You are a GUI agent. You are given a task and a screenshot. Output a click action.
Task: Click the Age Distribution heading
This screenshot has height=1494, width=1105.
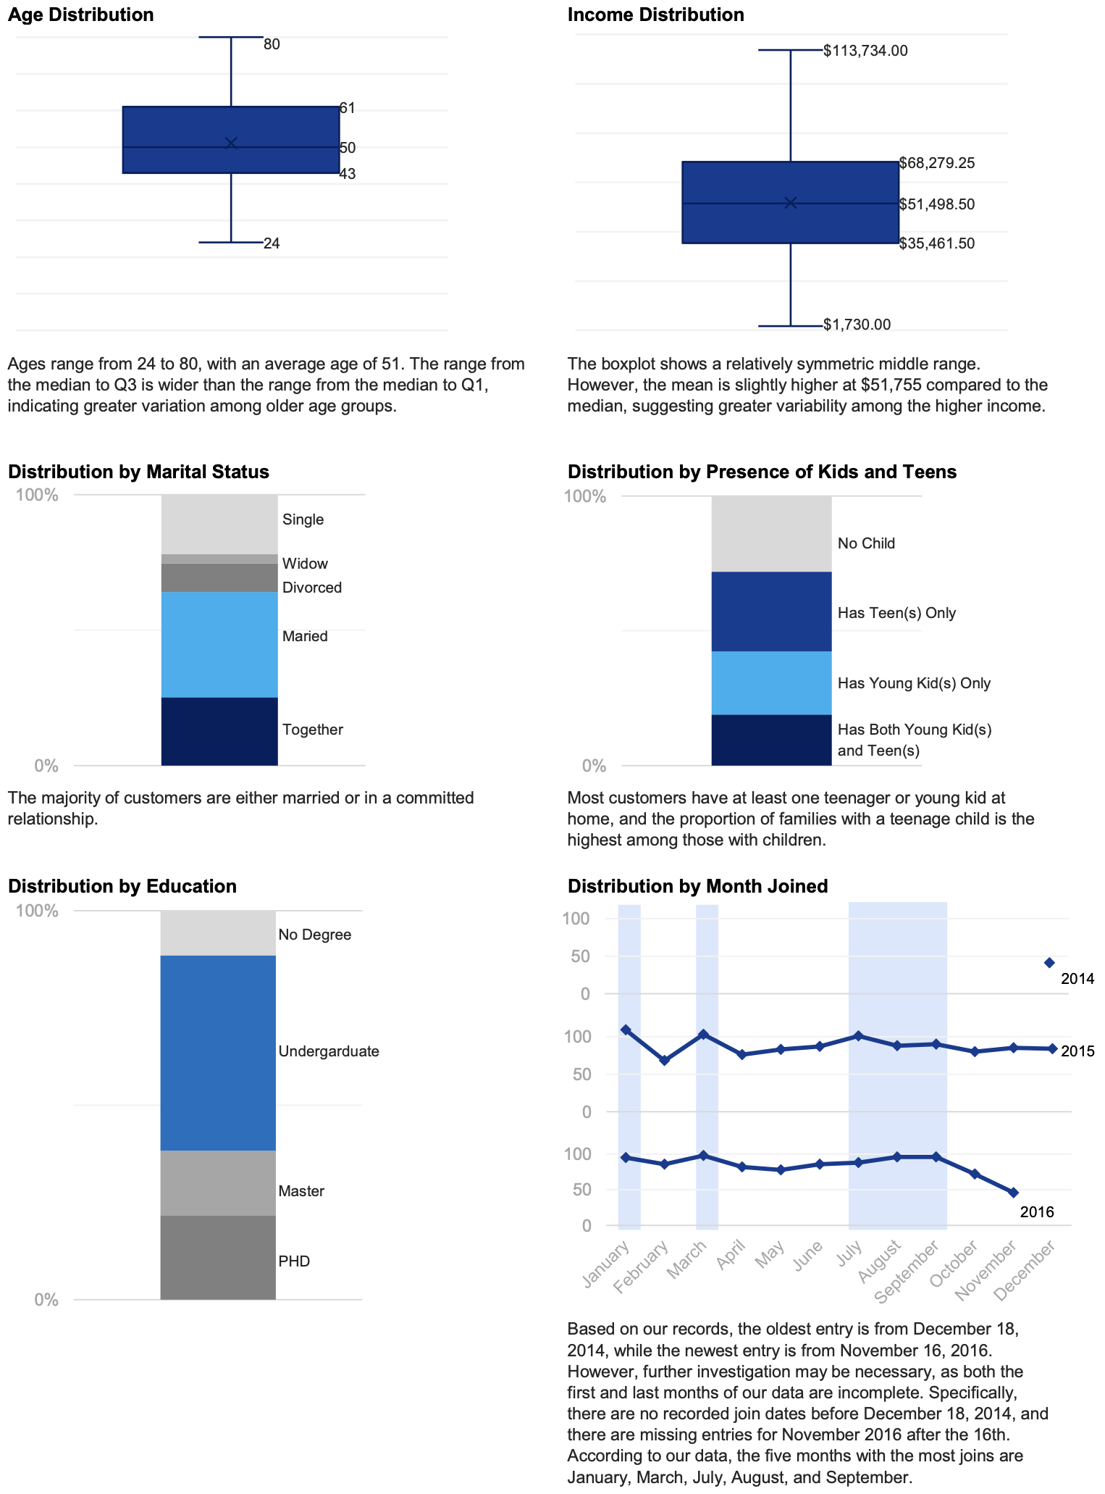tap(80, 14)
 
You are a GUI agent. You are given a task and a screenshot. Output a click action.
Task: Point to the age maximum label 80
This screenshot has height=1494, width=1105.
tap(272, 44)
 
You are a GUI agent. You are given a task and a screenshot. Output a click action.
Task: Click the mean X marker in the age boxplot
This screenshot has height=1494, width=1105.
tap(231, 143)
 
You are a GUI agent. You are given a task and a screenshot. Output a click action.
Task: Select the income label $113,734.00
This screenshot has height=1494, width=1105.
tap(865, 51)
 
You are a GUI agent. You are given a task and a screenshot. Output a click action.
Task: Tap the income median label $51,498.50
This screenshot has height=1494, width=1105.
tap(936, 204)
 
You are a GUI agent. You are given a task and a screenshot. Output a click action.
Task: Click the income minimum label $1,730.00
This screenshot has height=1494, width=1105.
tap(857, 325)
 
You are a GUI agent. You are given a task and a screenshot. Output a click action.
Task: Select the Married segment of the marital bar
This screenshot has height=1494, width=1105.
tap(219, 644)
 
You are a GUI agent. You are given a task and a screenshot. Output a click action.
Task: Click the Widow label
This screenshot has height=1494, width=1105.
tap(305, 564)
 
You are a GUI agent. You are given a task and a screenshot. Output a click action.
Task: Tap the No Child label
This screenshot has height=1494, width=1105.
tap(866, 543)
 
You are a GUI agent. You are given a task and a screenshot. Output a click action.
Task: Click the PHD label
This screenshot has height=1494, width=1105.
tap(294, 1261)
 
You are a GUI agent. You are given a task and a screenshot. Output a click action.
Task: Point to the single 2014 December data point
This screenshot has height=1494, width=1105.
tap(1049, 962)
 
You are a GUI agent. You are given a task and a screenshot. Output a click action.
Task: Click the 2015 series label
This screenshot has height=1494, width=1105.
tap(1077, 1051)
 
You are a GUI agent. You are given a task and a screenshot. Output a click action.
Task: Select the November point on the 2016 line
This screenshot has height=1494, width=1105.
tap(1013, 1192)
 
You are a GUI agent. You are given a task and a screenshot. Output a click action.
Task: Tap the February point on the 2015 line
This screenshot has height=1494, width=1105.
tap(665, 1060)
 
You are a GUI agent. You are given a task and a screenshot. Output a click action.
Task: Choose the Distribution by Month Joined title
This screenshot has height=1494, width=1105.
tap(697, 886)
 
